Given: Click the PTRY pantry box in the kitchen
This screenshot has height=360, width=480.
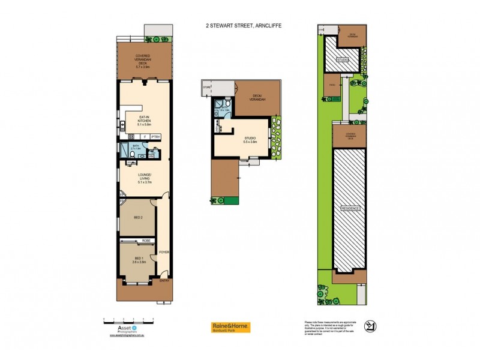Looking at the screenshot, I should [x=155, y=137].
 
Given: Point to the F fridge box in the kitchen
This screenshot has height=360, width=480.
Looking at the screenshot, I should [x=145, y=137].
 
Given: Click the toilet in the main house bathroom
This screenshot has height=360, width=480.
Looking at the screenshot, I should [x=131, y=155].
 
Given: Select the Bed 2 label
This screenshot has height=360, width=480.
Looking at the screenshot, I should [x=137, y=217].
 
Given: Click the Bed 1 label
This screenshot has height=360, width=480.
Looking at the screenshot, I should [x=137, y=260].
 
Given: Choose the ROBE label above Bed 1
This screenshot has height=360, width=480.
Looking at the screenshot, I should [x=146, y=241].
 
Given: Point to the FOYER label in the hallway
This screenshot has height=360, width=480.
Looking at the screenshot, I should [x=163, y=253].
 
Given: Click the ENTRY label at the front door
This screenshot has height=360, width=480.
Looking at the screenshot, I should [x=163, y=281].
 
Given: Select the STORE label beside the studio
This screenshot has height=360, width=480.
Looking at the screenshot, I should [x=208, y=88].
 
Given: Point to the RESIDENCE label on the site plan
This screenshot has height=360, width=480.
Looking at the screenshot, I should [x=350, y=208].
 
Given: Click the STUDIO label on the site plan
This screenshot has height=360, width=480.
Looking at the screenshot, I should [x=342, y=59].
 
